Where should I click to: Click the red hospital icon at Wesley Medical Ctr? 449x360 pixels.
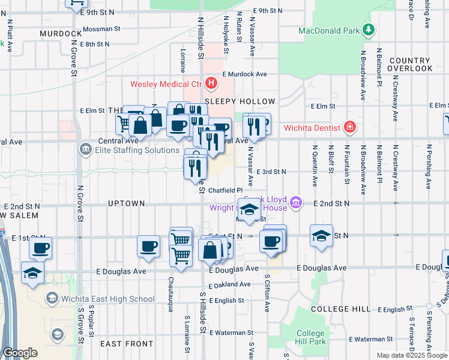point(211,83)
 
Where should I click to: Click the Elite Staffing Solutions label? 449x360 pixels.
point(128,150)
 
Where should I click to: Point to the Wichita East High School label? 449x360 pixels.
point(108,299)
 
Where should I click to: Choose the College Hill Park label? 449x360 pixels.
point(311,337)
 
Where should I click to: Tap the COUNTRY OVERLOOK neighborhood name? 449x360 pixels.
point(410,65)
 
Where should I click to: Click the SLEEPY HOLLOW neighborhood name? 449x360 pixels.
point(240,101)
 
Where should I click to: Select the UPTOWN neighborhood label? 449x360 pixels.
point(126,203)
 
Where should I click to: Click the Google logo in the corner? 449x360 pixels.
point(20,353)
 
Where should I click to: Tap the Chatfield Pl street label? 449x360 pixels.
point(224,190)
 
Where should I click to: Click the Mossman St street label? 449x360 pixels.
point(102,29)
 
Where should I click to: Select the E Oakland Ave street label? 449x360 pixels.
point(230,284)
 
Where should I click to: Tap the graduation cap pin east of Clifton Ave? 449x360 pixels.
point(322,235)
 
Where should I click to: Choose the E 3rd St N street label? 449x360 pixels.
point(271,172)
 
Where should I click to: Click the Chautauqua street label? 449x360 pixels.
point(171,292)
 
